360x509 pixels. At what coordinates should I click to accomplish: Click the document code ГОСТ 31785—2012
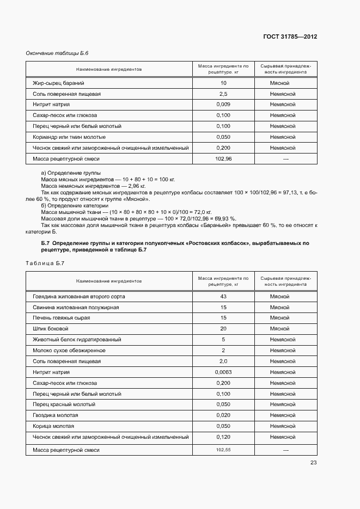point(290,37)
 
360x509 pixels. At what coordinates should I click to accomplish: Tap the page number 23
point(313,463)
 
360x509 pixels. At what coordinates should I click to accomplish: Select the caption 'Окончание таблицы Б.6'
point(57,53)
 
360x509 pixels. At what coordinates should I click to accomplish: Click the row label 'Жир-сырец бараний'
point(55,83)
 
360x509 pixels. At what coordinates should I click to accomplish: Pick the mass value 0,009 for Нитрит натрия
point(223,105)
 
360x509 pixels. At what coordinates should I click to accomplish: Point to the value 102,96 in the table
point(223,158)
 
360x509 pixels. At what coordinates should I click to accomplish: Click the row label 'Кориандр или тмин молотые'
point(69,137)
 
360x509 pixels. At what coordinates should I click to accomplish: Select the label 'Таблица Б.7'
point(45,263)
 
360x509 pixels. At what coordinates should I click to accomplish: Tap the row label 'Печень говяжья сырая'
point(62,318)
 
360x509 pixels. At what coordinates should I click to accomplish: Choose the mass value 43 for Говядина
point(223,297)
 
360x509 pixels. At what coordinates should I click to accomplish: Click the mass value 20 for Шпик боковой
point(223,329)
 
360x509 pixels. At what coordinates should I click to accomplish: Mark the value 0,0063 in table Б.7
point(223,372)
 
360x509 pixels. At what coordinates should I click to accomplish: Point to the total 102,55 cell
point(223,450)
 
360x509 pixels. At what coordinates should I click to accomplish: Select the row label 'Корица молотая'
point(53,426)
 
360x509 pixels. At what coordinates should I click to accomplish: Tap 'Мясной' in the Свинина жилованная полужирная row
point(279,308)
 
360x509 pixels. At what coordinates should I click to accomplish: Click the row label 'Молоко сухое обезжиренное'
point(69,351)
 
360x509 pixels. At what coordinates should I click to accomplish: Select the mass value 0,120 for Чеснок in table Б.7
point(223,437)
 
